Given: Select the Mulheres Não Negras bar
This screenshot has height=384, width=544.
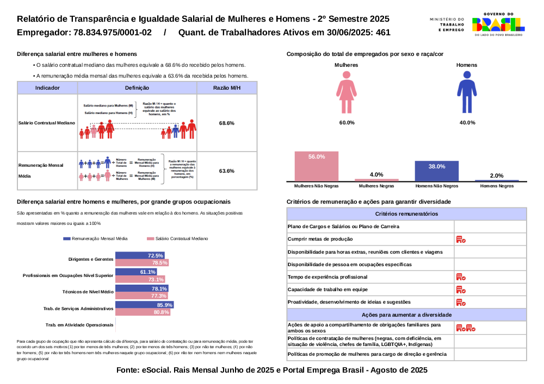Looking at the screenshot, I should coord(317,166).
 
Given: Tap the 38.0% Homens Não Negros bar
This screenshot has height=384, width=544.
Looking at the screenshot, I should coord(436,171).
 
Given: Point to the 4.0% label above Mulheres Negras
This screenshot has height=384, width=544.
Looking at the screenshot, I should coord(376,174).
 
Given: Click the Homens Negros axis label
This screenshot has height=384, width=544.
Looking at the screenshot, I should coord(497,186).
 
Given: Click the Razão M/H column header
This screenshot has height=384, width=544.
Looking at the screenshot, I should coord(227,87).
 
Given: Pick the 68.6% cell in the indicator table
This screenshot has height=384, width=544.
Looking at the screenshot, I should coord(227,123).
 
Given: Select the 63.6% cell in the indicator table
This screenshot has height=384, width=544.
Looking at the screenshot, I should coord(227,171).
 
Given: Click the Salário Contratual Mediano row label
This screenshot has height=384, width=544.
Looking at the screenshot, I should coord(47,123).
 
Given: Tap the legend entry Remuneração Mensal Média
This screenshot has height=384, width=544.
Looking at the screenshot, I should coord(96,238).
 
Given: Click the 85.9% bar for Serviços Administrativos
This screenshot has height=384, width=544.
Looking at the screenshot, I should coord(144,305).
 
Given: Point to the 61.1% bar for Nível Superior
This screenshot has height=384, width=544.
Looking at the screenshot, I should coord(137,272).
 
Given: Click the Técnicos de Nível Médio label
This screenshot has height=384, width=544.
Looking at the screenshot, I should coord(88,292).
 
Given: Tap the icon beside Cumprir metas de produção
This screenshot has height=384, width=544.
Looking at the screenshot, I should coord(461,240).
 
